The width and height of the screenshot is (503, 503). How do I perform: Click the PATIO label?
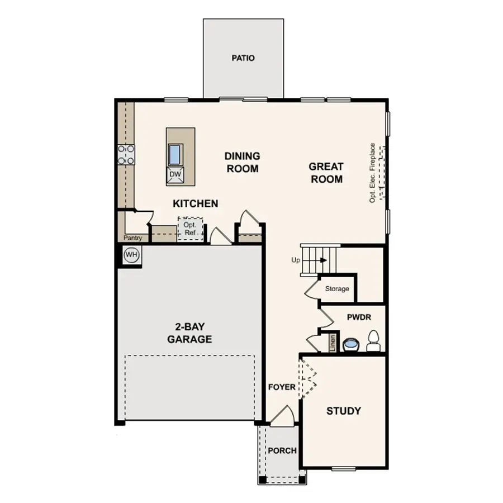(243, 58)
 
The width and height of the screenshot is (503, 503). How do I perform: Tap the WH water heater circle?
(131, 255)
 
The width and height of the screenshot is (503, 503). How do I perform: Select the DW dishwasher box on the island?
(175, 175)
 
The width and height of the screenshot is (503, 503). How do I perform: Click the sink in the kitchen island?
(175, 153)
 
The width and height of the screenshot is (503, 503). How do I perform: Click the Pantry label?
(133, 238)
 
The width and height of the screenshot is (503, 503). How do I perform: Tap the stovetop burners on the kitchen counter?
(126, 155)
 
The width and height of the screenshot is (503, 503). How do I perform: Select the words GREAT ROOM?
(326, 173)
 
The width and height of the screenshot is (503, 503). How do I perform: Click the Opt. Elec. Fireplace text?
(373, 172)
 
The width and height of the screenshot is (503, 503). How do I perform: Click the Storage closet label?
(337, 289)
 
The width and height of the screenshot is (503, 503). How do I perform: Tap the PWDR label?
(359, 317)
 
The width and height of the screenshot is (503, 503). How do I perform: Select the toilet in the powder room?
(373, 341)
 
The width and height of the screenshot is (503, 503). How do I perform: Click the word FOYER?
(282, 387)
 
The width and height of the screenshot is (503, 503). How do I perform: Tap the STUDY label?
(343, 411)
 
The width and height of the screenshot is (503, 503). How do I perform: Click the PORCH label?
(282, 450)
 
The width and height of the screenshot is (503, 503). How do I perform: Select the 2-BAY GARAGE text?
(189, 333)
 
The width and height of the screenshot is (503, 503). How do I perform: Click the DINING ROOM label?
(242, 162)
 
